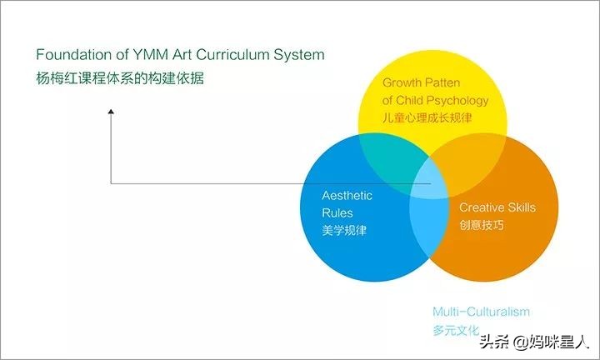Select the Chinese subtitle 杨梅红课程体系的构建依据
[119, 80]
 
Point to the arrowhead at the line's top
[111, 112]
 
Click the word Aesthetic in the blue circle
[347, 196]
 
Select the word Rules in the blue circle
[337, 212]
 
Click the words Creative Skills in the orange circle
[497, 207]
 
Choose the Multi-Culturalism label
[481, 312]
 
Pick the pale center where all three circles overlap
[429, 177]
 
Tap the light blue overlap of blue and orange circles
[429, 225]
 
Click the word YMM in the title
[147, 55]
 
